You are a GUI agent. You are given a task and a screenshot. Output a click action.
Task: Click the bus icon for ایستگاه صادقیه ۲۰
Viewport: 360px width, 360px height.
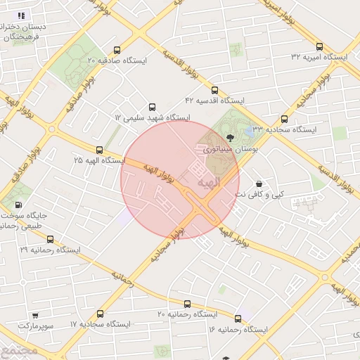117,50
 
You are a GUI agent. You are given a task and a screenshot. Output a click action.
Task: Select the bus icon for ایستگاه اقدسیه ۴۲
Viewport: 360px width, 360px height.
214,90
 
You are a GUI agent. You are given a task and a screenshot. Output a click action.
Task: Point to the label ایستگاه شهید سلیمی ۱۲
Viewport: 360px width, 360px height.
153,117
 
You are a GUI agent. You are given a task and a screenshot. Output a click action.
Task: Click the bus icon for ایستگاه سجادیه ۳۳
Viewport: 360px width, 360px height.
284,119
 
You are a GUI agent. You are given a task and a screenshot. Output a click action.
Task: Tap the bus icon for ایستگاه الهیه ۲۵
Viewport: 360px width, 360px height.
99,150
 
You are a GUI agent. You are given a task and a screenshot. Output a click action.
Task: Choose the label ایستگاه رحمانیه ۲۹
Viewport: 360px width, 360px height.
50,250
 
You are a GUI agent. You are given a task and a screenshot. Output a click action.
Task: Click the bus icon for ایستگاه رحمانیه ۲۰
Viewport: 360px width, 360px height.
186,304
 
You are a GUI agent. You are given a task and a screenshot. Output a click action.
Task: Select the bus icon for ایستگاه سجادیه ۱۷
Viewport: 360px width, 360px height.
100,314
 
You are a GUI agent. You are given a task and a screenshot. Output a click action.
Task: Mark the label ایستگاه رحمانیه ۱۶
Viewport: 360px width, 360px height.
238,329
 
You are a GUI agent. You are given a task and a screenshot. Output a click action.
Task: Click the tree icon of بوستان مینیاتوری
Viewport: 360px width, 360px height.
231,137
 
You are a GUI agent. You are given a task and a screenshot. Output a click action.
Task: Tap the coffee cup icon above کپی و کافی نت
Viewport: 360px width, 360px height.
259,183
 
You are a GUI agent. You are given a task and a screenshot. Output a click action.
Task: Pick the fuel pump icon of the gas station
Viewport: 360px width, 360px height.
18,205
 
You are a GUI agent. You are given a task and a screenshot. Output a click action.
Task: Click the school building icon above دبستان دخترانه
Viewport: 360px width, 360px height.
21,15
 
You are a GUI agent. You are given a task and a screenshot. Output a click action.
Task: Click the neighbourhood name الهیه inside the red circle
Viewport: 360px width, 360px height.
209,183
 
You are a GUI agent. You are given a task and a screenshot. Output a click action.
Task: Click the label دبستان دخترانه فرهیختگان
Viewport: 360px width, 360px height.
25,31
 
